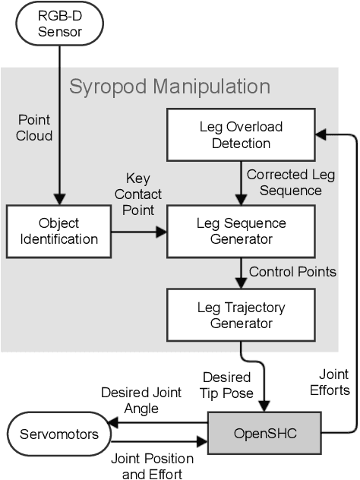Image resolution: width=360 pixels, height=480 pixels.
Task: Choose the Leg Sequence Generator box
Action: click(239, 231)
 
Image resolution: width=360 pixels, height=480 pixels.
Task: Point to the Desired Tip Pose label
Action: click(226, 384)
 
